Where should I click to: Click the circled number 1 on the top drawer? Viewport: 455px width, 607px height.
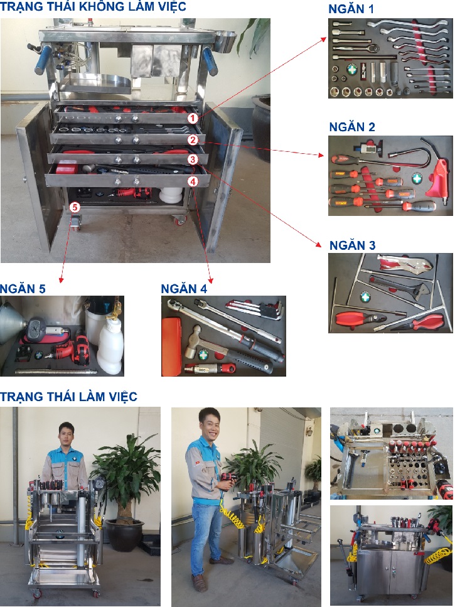click(x=193, y=118)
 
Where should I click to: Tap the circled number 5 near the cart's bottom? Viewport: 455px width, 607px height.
click(x=74, y=208)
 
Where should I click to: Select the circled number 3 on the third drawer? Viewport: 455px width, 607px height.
click(x=193, y=159)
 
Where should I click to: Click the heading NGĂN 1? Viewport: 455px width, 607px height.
click(x=351, y=9)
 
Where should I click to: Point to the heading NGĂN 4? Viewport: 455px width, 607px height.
click(x=184, y=289)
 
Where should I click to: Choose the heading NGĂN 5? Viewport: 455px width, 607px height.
click(x=23, y=289)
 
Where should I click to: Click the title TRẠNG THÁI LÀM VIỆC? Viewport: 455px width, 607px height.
click(x=68, y=397)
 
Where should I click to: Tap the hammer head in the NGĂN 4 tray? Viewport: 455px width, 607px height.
click(x=193, y=341)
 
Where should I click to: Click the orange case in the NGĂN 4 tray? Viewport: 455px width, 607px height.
click(x=171, y=346)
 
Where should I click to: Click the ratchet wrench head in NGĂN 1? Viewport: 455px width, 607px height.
click(x=374, y=48)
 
